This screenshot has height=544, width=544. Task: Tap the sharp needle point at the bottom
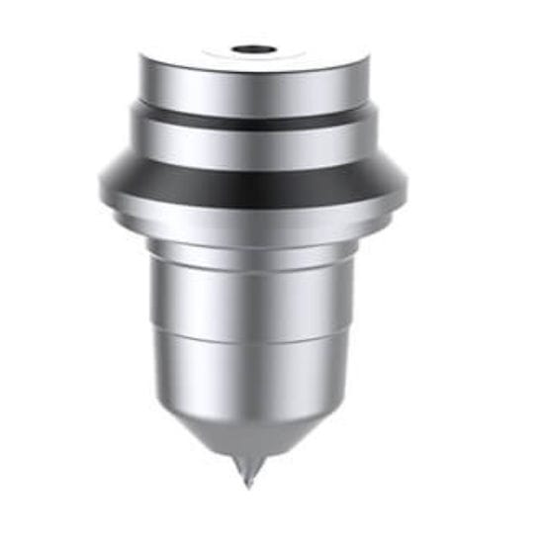(248, 485)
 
